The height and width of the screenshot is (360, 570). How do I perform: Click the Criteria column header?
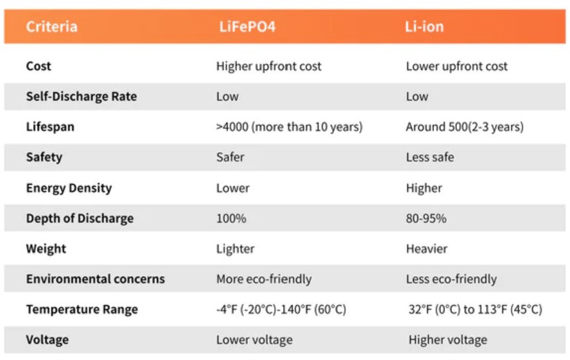point(52,27)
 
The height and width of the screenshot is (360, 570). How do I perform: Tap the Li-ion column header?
point(425,27)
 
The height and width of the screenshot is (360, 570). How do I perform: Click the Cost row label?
point(38,66)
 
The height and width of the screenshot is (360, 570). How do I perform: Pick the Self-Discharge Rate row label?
point(81,97)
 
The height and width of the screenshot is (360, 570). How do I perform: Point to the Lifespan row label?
point(50,127)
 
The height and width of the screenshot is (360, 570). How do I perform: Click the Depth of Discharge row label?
point(79,218)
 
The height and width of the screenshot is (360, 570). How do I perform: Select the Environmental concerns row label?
point(95,279)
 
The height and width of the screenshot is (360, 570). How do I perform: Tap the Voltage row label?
point(47,340)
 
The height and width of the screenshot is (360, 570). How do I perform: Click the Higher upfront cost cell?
point(268,66)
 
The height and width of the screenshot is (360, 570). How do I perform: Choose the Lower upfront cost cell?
point(457,66)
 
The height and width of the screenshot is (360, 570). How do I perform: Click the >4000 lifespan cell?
point(289,127)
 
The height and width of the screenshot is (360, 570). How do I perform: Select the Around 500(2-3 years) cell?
point(464,127)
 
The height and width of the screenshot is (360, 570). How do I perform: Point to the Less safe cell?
point(430,157)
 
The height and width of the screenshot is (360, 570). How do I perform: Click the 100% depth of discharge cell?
point(231,218)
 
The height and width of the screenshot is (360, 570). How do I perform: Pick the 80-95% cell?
point(426,218)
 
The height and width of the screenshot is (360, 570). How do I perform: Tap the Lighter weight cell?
point(235,249)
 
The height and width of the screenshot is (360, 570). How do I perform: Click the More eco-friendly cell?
point(264,279)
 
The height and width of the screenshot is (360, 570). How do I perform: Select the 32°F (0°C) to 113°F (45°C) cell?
point(475,310)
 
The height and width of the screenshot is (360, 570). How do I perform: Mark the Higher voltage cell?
point(448,340)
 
